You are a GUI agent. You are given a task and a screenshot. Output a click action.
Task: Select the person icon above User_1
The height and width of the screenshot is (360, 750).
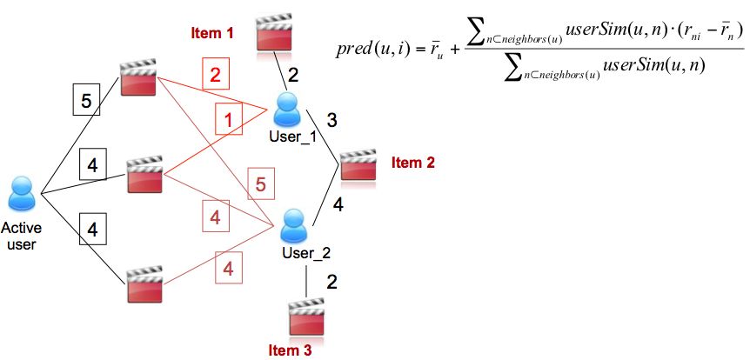(x=286, y=110)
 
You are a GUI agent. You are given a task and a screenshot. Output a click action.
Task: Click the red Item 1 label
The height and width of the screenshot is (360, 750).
(x=212, y=33)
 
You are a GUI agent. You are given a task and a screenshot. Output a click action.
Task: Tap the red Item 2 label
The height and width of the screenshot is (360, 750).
(x=412, y=162)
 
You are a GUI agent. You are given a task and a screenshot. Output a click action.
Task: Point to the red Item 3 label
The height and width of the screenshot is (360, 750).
(x=290, y=350)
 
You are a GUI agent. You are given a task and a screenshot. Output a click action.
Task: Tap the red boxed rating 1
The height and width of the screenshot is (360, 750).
(x=227, y=120)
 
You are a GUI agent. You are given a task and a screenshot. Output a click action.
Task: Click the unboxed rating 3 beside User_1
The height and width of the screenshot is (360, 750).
(x=331, y=118)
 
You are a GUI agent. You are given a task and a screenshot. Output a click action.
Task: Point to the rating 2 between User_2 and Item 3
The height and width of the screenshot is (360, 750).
(x=331, y=281)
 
